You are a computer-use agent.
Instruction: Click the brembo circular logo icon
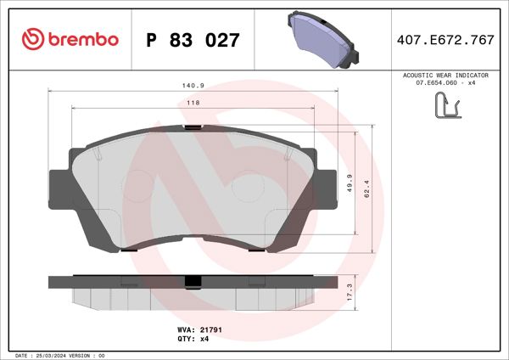pyautogui.click(x=31, y=39)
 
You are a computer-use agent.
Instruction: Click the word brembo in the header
pyautogui.click(x=81, y=39)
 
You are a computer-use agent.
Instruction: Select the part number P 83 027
pyautogui.click(x=193, y=40)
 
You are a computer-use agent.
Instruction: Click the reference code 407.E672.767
pyautogui.click(x=445, y=40)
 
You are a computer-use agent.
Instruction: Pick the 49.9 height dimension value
pyautogui.click(x=350, y=184)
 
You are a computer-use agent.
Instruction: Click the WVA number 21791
pyautogui.click(x=210, y=328)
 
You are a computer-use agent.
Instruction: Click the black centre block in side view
pyautogui.click(x=193, y=282)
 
